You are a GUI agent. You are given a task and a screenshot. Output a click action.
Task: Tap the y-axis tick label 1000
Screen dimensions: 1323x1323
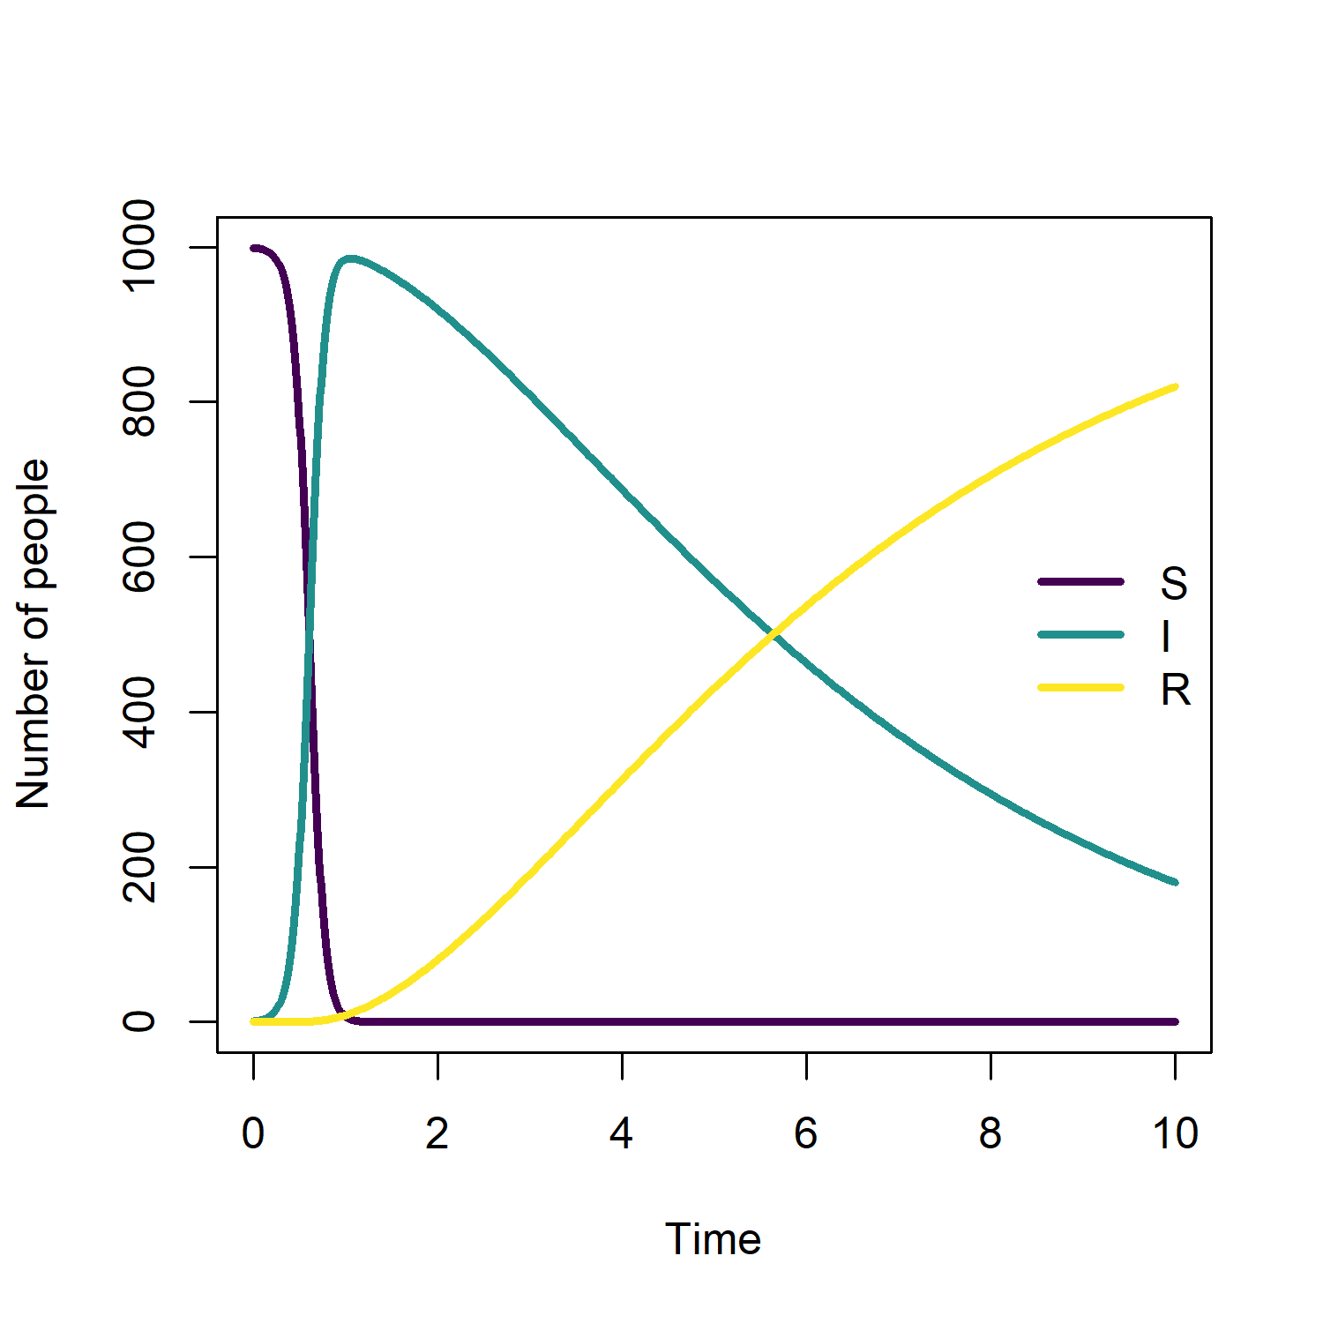tap(139, 246)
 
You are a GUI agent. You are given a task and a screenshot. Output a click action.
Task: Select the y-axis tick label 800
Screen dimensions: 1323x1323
tap(139, 401)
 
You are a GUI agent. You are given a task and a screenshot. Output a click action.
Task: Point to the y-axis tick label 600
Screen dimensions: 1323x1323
tap(139, 557)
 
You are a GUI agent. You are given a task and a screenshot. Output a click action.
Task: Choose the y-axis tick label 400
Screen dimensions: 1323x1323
tap(139, 712)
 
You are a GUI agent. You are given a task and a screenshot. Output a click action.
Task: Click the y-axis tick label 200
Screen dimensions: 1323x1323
tap(139, 867)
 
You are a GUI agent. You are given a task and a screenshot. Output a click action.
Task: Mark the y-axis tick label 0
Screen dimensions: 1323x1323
tap(139, 1021)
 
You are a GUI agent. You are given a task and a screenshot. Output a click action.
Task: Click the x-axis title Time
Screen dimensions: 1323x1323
tap(713, 1239)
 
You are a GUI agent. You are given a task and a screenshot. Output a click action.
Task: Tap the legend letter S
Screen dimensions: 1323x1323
tap(1174, 583)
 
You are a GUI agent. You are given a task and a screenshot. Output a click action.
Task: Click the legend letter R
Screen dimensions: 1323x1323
tap(1176, 690)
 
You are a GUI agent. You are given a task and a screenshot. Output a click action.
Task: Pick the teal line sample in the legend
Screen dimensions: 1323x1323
tap(1081, 635)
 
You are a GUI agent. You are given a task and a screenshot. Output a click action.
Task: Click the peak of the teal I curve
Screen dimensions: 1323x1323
tap(351, 258)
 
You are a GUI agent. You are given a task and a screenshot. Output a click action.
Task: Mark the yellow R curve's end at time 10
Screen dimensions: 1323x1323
tap(1175, 386)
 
